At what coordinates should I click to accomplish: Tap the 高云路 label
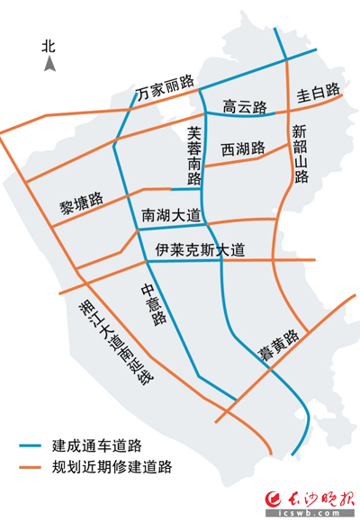[x=246, y=108]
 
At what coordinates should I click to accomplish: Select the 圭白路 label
[x=318, y=92]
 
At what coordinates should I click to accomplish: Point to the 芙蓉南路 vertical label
[x=193, y=155]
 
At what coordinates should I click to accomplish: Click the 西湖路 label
[x=242, y=148]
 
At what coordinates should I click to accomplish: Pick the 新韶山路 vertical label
[x=301, y=154]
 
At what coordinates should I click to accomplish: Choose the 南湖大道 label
[x=172, y=216]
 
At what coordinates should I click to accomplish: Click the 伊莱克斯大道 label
[x=199, y=249]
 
